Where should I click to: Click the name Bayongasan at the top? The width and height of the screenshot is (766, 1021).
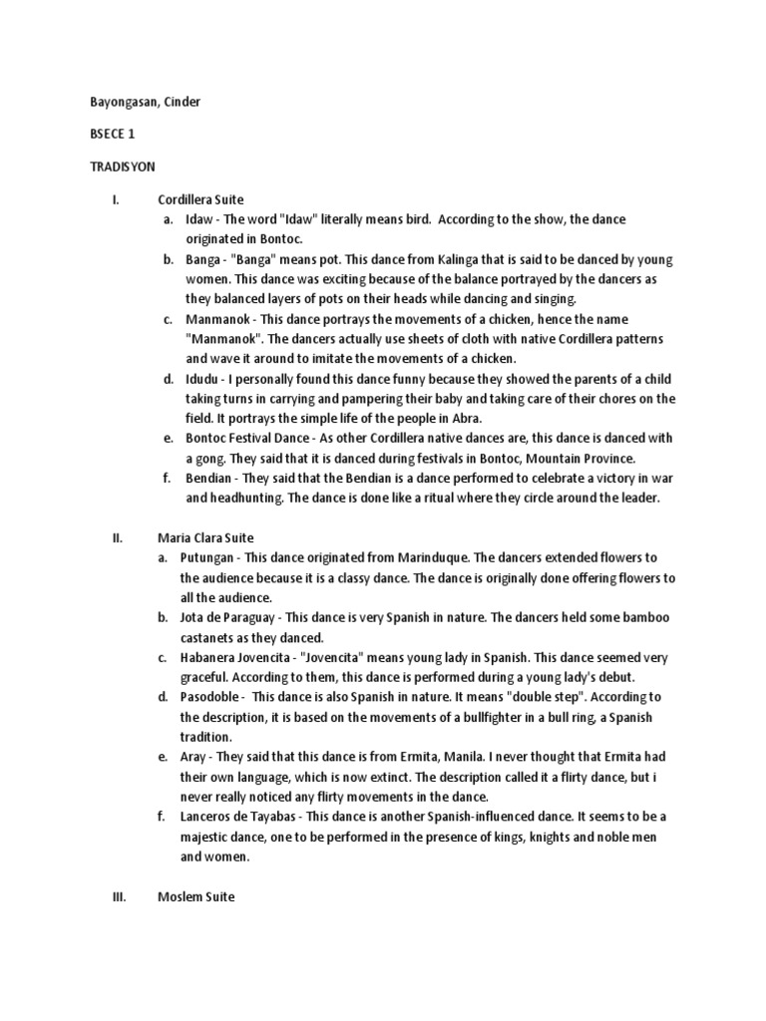click(113, 102)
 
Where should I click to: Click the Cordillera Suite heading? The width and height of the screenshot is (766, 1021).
click(200, 198)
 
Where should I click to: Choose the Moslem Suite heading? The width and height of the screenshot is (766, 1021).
click(195, 896)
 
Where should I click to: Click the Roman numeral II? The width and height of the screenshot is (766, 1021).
click(117, 537)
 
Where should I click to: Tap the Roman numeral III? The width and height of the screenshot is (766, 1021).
click(118, 896)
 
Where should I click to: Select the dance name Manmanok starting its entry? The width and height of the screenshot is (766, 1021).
click(216, 318)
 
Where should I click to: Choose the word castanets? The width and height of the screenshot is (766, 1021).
click(209, 637)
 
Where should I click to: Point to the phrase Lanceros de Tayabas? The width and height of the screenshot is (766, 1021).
click(241, 817)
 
